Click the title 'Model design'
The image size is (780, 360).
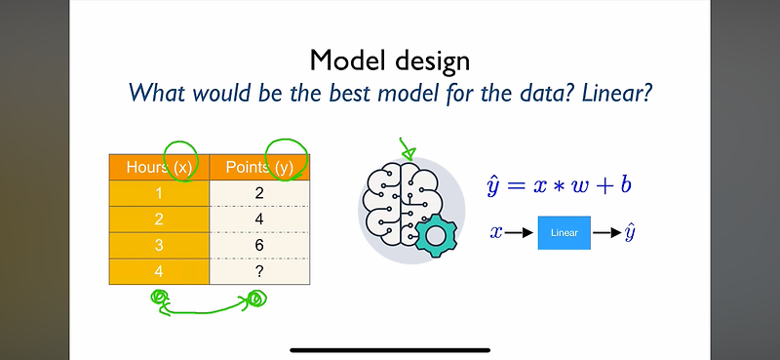(390, 60)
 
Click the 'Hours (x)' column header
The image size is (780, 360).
(160, 167)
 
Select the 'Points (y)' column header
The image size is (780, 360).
(259, 167)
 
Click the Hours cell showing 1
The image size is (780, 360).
(160, 193)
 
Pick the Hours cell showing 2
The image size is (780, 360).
(160, 220)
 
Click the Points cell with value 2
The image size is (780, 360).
(259, 193)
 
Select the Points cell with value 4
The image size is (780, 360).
(259, 220)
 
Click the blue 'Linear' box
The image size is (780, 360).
(564, 233)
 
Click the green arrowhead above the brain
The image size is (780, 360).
(408, 153)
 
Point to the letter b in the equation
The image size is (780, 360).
(624, 184)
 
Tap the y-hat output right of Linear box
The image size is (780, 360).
(631, 232)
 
